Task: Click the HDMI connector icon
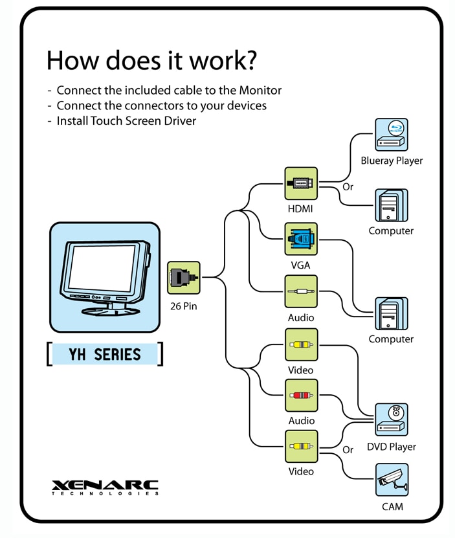[301, 183]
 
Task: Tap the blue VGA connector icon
[301, 240]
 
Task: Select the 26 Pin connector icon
[184, 278]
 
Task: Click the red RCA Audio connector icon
[301, 395]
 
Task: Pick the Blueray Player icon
[392, 135]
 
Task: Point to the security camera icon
[392, 480]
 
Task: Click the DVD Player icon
[392, 419]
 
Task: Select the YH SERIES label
[105, 354]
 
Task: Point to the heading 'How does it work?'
[151, 61]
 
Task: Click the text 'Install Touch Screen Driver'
[126, 120]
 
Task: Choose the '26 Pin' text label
[184, 306]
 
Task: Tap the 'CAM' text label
[392, 506]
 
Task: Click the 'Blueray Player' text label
[392, 161]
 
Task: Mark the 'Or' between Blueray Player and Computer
[348, 187]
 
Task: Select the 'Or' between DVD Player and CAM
[348, 449]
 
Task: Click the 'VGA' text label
[301, 265]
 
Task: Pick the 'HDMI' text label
[301, 209]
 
